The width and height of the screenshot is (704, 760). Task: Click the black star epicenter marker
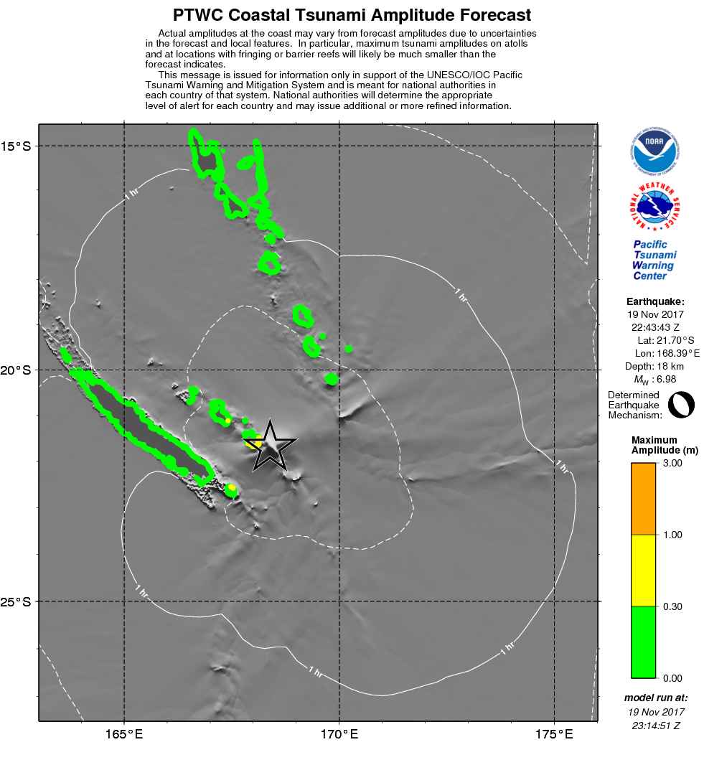pos(271,446)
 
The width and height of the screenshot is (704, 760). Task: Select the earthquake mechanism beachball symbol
pos(681,405)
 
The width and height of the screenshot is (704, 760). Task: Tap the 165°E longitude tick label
pos(125,734)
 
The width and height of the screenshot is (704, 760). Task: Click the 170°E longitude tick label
pos(339,734)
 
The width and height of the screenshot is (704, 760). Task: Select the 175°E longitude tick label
pos(554,734)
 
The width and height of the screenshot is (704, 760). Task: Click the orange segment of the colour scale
pos(643,499)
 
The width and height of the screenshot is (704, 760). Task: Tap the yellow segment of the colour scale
pos(643,571)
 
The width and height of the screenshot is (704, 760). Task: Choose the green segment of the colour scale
pos(643,642)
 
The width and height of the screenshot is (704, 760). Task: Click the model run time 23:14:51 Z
pos(656,726)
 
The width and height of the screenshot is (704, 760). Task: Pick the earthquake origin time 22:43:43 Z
pos(655,327)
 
